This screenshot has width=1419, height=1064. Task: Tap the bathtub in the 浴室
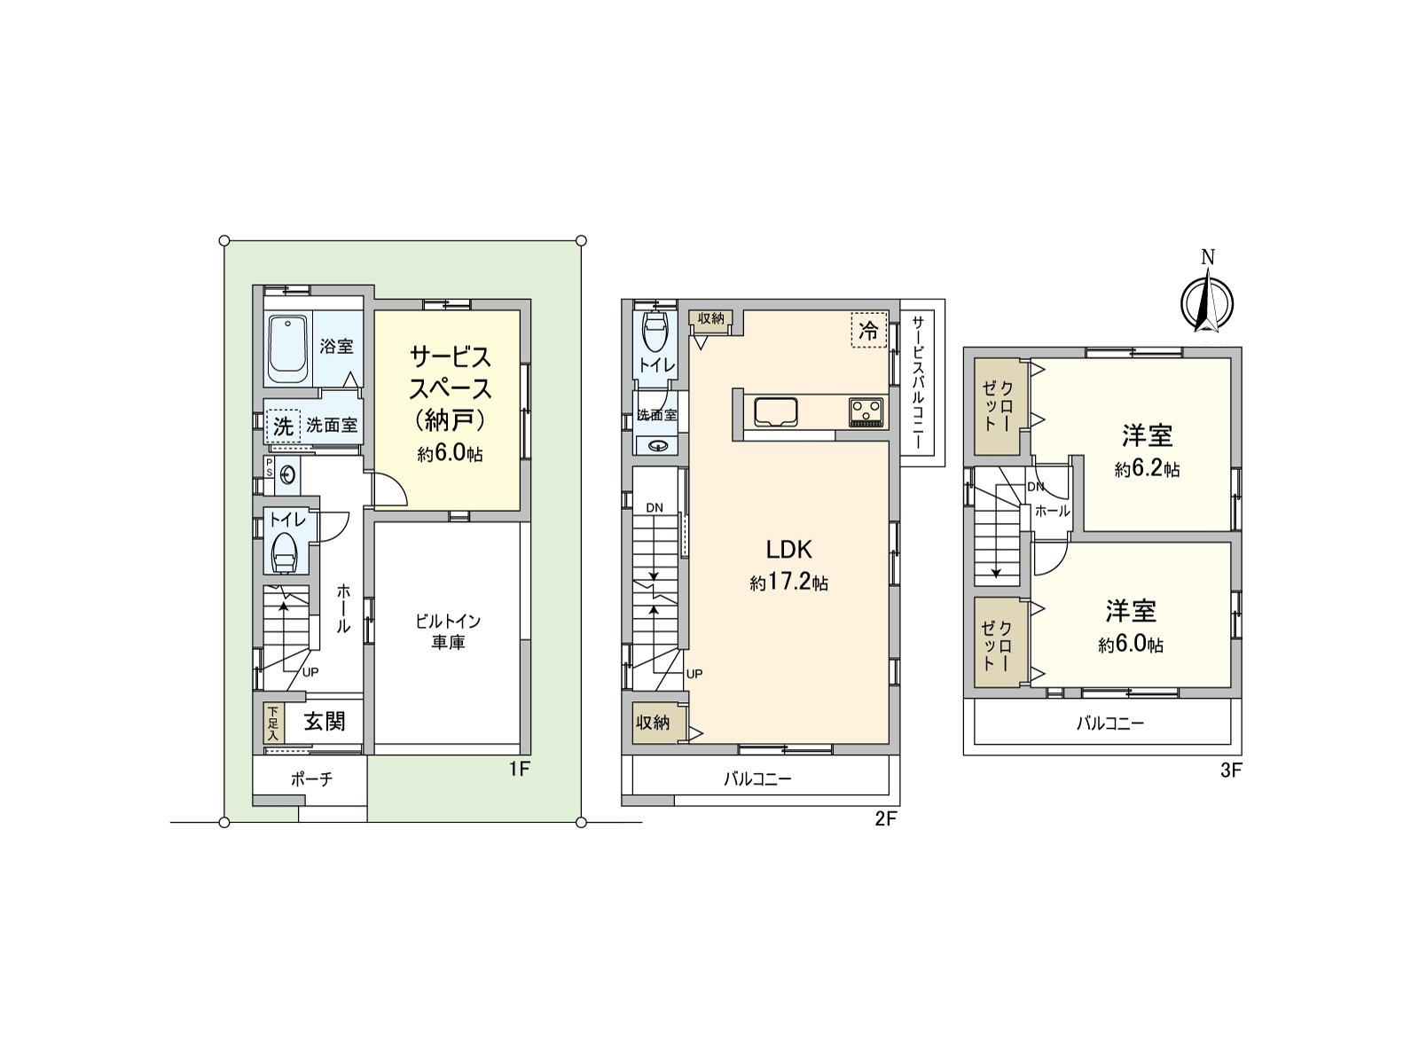click(x=286, y=348)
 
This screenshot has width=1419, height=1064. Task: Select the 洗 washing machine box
click(x=283, y=426)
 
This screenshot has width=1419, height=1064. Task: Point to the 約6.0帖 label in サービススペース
click(x=450, y=455)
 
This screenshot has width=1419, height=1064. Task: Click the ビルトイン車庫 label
click(x=448, y=631)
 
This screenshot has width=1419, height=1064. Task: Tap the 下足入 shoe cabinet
click(x=272, y=723)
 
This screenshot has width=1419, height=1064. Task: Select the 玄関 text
click(x=325, y=722)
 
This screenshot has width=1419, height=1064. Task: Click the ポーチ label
click(x=311, y=779)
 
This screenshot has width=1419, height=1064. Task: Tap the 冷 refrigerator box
click(x=868, y=331)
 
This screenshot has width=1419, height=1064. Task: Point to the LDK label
click(x=789, y=549)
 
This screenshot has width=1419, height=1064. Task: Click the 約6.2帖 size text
click(x=1147, y=469)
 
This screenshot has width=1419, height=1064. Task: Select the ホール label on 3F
click(x=1052, y=512)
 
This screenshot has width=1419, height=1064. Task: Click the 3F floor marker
click(x=1230, y=771)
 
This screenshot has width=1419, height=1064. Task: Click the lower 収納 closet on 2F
click(x=654, y=723)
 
